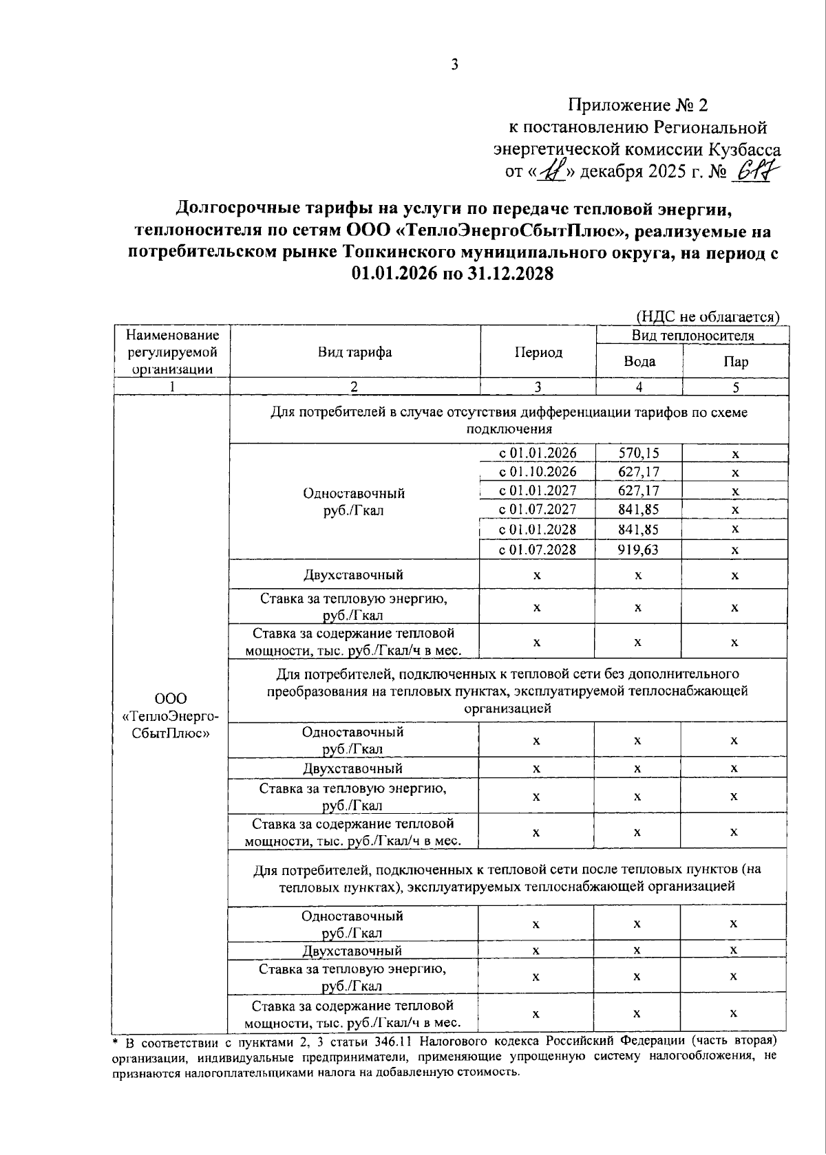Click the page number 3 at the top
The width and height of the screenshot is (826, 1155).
tap(454, 65)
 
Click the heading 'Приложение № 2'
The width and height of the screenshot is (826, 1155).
tap(637, 105)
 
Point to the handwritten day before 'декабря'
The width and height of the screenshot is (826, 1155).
tap(553, 170)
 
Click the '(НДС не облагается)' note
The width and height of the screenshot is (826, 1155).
tap(706, 316)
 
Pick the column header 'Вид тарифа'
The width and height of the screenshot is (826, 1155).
tap(354, 352)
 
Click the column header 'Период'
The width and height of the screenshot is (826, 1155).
tap(538, 352)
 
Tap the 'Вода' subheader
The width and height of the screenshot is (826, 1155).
tap(639, 361)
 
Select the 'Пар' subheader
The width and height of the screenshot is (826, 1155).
tap(735, 361)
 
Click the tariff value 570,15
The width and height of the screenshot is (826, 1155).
tap(638, 453)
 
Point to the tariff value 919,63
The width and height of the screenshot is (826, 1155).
tap(638, 550)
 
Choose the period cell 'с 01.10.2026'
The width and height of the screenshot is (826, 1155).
tap(538, 472)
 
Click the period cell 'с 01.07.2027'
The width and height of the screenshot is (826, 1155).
tap(538, 510)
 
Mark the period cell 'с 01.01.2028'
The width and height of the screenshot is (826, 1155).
tap(538, 529)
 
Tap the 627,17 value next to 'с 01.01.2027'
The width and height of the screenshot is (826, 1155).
tap(638, 490)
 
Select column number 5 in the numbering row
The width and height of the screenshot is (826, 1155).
tap(735, 387)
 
